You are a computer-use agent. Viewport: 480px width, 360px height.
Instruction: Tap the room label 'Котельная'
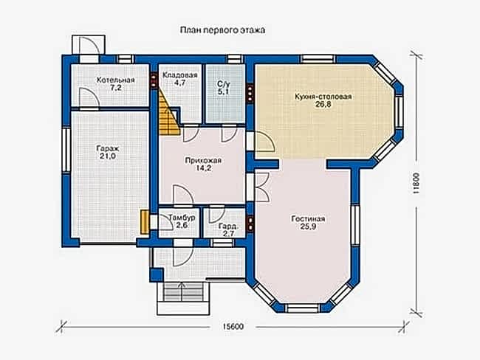(114, 80)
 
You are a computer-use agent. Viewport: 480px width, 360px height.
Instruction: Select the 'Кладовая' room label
(180, 75)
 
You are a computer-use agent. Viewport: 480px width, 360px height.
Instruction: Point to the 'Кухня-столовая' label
(323, 96)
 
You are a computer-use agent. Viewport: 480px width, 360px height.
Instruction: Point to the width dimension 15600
(233, 327)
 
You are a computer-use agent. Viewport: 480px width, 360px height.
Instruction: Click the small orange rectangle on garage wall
(144, 221)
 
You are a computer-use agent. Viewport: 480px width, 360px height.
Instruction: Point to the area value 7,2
(114, 88)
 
